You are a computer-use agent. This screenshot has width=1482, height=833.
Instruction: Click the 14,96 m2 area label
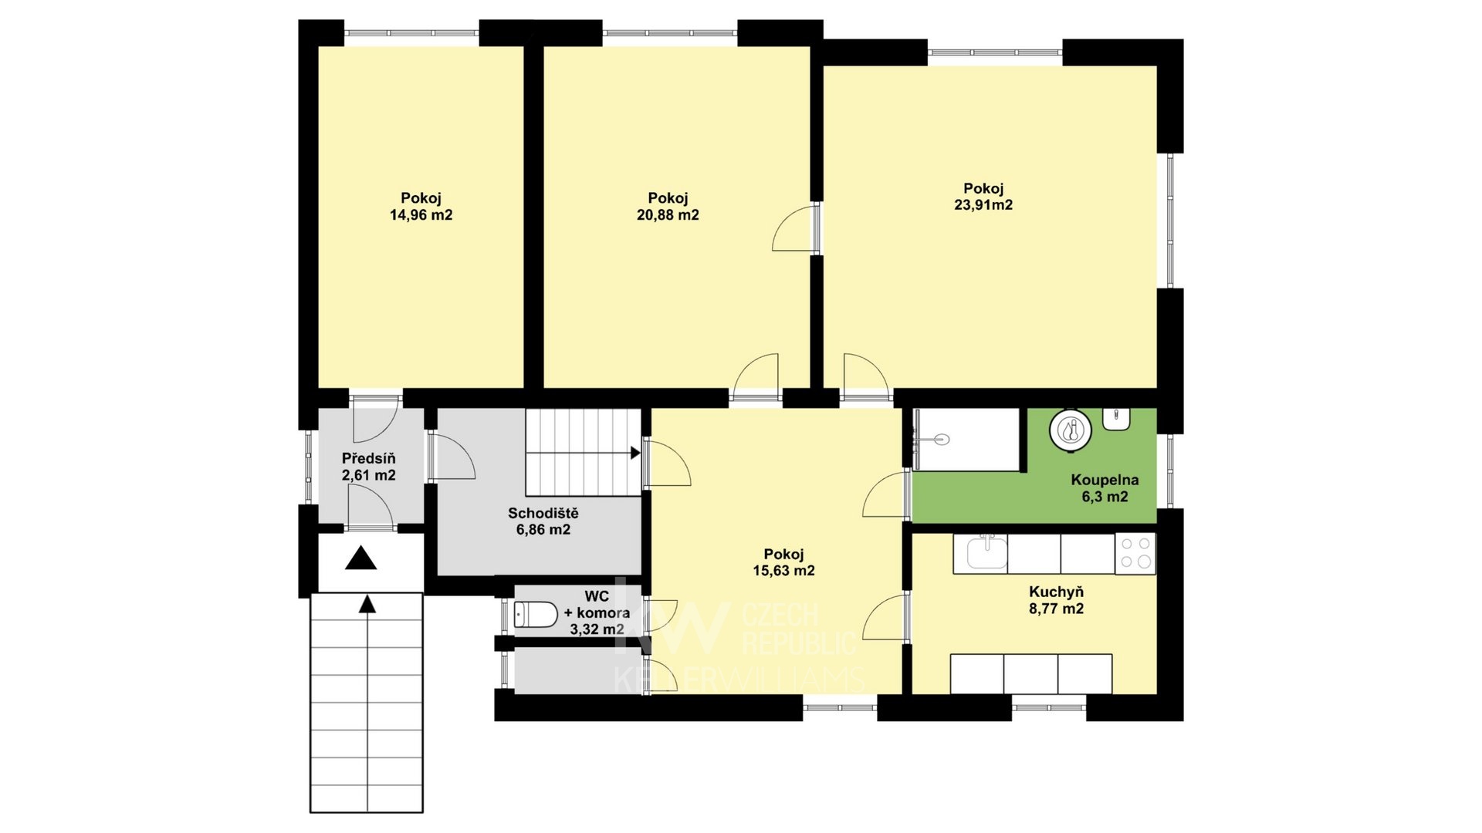pyautogui.click(x=421, y=215)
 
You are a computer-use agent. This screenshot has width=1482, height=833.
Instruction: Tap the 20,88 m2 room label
pyautogui.click(x=668, y=215)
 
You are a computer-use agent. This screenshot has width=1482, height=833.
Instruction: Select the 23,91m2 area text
pyautogui.click(x=983, y=205)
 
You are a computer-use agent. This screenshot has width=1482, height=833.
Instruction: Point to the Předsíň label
pyautogui.click(x=369, y=458)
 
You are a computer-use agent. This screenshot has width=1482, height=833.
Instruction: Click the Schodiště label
pyautogui.click(x=543, y=513)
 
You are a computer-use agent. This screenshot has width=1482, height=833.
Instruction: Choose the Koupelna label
pyautogui.click(x=1105, y=480)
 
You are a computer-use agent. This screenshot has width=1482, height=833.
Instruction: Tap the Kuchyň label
pyautogui.click(x=1056, y=592)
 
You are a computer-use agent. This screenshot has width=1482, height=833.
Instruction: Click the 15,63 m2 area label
pyautogui.click(x=783, y=572)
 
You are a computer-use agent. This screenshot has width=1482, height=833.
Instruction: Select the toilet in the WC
pyautogui.click(x=536, y=615)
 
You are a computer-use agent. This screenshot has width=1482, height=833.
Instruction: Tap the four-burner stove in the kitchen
pyautogui.click(x=1135, y=554)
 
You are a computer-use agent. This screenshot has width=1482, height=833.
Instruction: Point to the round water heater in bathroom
pyautogui.click(x=1071, y=430)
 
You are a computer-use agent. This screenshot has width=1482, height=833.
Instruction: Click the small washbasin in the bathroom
pyautogui.click(x=1117, y=418)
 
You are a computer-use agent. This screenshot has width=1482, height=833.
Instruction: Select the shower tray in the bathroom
pyautogui.click(x=969, y=440)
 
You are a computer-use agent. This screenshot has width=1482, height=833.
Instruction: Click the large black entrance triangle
pyautogui.click(x=361, y=558)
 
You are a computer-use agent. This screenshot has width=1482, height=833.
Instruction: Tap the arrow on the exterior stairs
pyautogui.click(x=368, y=605)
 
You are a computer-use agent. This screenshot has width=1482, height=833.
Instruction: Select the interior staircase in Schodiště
pyautogui.click(x=584, y=452)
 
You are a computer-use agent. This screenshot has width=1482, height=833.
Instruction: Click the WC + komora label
pyautogui.click(x=597, y=613)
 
